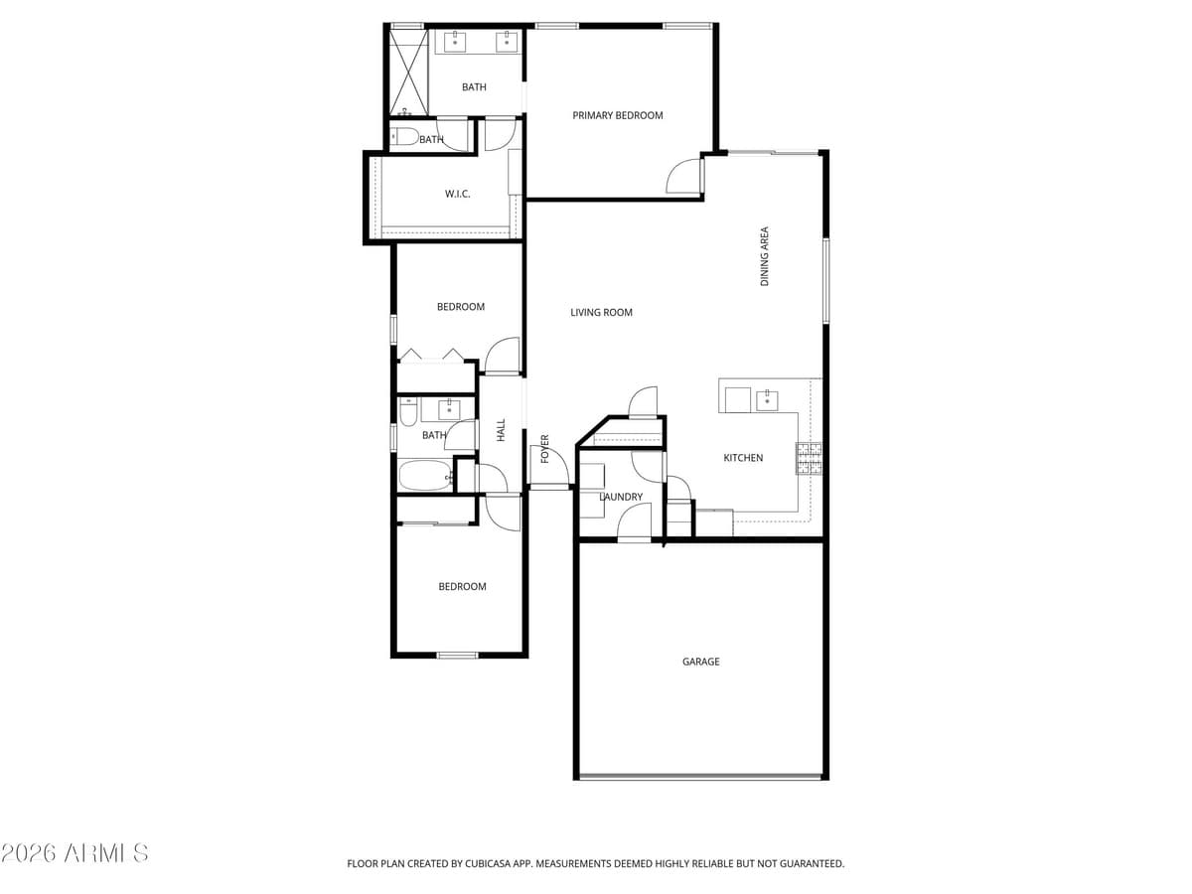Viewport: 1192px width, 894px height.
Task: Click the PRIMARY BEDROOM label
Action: (x=617, y=115)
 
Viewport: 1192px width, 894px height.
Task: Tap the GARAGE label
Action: (x=700, y=662)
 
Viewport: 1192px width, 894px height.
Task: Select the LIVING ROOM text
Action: (x=601, y=313)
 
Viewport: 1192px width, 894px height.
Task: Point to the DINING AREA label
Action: (x=765, y=257)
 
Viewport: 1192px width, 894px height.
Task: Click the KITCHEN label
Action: (x=743, y=458)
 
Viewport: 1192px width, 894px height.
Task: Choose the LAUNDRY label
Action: (x=621, y=497)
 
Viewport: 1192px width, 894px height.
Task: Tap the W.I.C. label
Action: (x=457, y=194)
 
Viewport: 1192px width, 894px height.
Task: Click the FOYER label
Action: (x=544, y=448)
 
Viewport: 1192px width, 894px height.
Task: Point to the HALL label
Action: (x=501, y=430)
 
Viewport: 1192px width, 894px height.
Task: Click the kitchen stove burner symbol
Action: (x=808, y=458)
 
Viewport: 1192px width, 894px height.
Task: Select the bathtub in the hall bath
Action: (x=425, y=476)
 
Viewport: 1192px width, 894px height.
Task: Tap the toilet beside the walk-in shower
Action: (x=404, y=137)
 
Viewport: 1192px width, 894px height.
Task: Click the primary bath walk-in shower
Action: (x=406, y=74)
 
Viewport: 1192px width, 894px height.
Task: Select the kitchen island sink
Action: (x=767, y=400)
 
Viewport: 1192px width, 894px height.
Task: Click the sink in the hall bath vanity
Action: (x=449, y=408)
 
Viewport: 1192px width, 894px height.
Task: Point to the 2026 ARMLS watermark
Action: (x=74, y=853)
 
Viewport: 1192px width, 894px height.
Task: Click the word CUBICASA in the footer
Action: (x=487, y=864)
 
